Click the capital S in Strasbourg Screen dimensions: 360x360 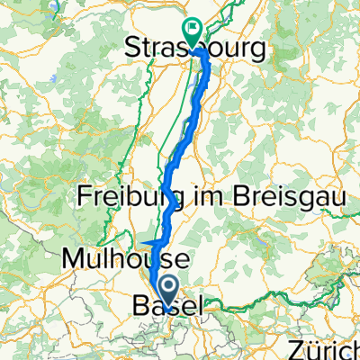pyautogui.click(x=134, y=45)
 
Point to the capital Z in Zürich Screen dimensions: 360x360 pyautogui.click(x=295, y=348)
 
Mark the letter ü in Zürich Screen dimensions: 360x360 pyautogui.click(x=311, y=348)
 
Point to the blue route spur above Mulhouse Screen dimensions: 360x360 pyautogui.click(x=149, y=243)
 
